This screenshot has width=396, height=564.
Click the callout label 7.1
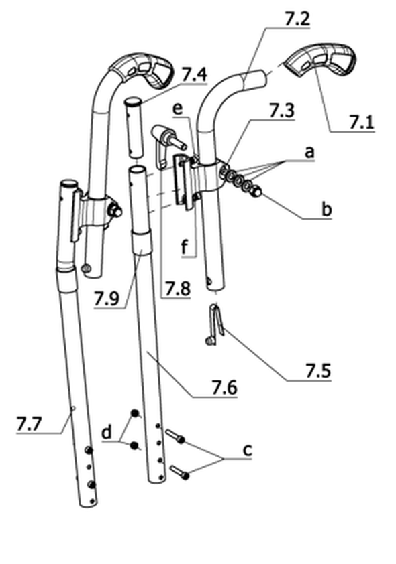[361, 122]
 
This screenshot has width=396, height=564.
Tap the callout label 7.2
[297, 19]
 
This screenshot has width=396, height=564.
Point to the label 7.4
[194, 75]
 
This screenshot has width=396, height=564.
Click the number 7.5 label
[318, 371]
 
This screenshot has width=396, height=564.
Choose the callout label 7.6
[224, 387]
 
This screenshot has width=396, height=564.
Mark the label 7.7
[29, 424]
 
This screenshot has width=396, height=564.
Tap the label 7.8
[177, 289]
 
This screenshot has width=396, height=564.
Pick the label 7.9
[107, 299]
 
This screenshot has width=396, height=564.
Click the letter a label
[309, 153]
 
